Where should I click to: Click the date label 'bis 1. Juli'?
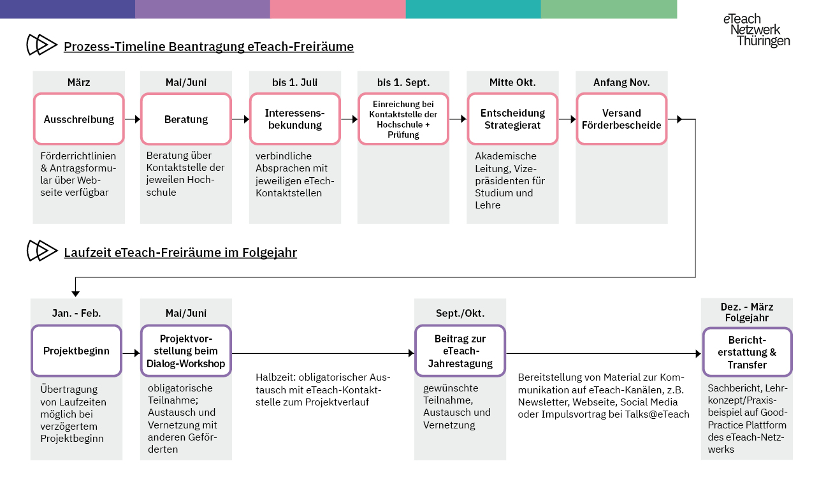[294, 83]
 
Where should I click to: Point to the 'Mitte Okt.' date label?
[512, 83]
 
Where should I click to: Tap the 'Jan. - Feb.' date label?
[76, 314]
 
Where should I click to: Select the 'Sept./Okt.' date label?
[460, 314]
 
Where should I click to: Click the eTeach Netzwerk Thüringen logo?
[757, 30]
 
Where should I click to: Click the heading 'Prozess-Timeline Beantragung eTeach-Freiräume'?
[209, 47]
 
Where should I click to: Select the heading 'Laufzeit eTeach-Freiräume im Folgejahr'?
[180, 252]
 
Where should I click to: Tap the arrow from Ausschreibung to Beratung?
[133, 119]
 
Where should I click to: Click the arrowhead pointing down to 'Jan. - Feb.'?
[76, 293]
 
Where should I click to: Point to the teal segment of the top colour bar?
[473, 9]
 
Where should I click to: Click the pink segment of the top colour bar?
[338, 9]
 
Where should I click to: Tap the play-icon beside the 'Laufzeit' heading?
[41, 251]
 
